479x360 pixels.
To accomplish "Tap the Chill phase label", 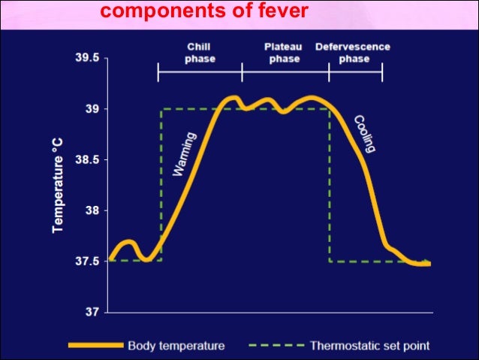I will coord(199,53).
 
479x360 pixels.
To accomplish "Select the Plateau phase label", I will coord(285,53).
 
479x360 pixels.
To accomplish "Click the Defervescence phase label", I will coord(354,53).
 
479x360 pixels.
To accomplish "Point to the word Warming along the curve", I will coord(185,154).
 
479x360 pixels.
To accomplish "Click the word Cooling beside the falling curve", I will coord(365,134).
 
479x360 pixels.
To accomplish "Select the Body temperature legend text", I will coord(176,346).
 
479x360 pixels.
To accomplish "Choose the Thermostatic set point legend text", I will coord(369,346).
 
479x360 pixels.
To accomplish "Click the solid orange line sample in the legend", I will coord(95,346).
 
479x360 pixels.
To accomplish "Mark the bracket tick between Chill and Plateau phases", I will coord(242,72).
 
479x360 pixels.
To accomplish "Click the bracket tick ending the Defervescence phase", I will coord(382,72).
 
